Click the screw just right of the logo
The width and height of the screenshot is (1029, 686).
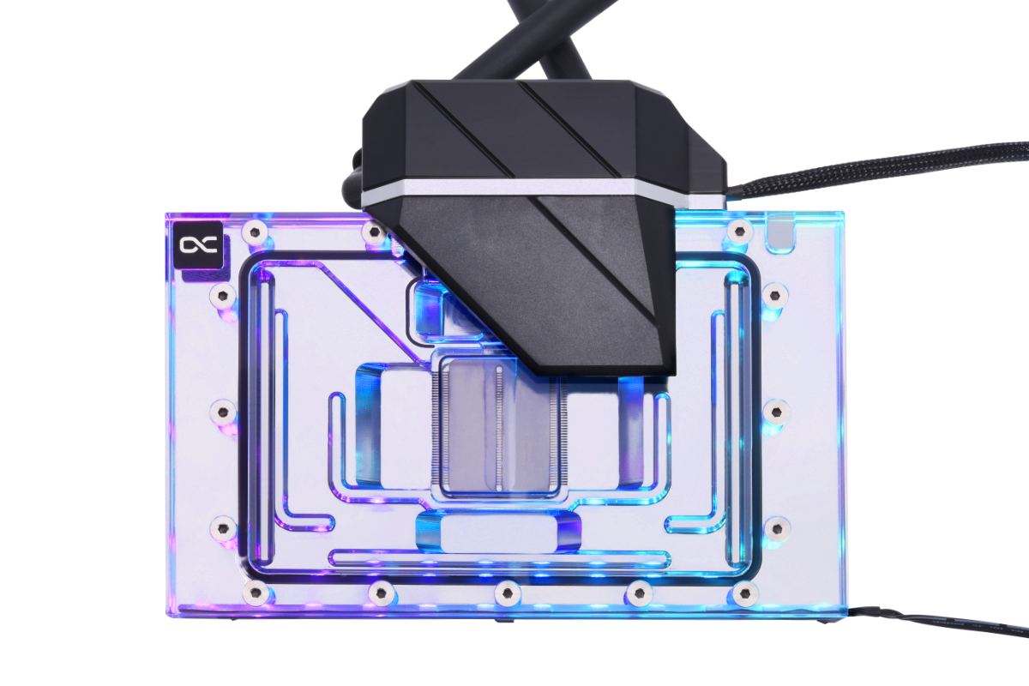tap(254, 232)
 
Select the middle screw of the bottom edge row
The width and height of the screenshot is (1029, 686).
tap(508, 592)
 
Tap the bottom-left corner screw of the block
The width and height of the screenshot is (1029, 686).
tap(254, 592)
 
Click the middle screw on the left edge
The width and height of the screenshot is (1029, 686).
tap(224, 412)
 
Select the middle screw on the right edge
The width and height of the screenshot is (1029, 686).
tap(774, 412)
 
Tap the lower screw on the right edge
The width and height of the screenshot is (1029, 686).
tap(774, 527)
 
